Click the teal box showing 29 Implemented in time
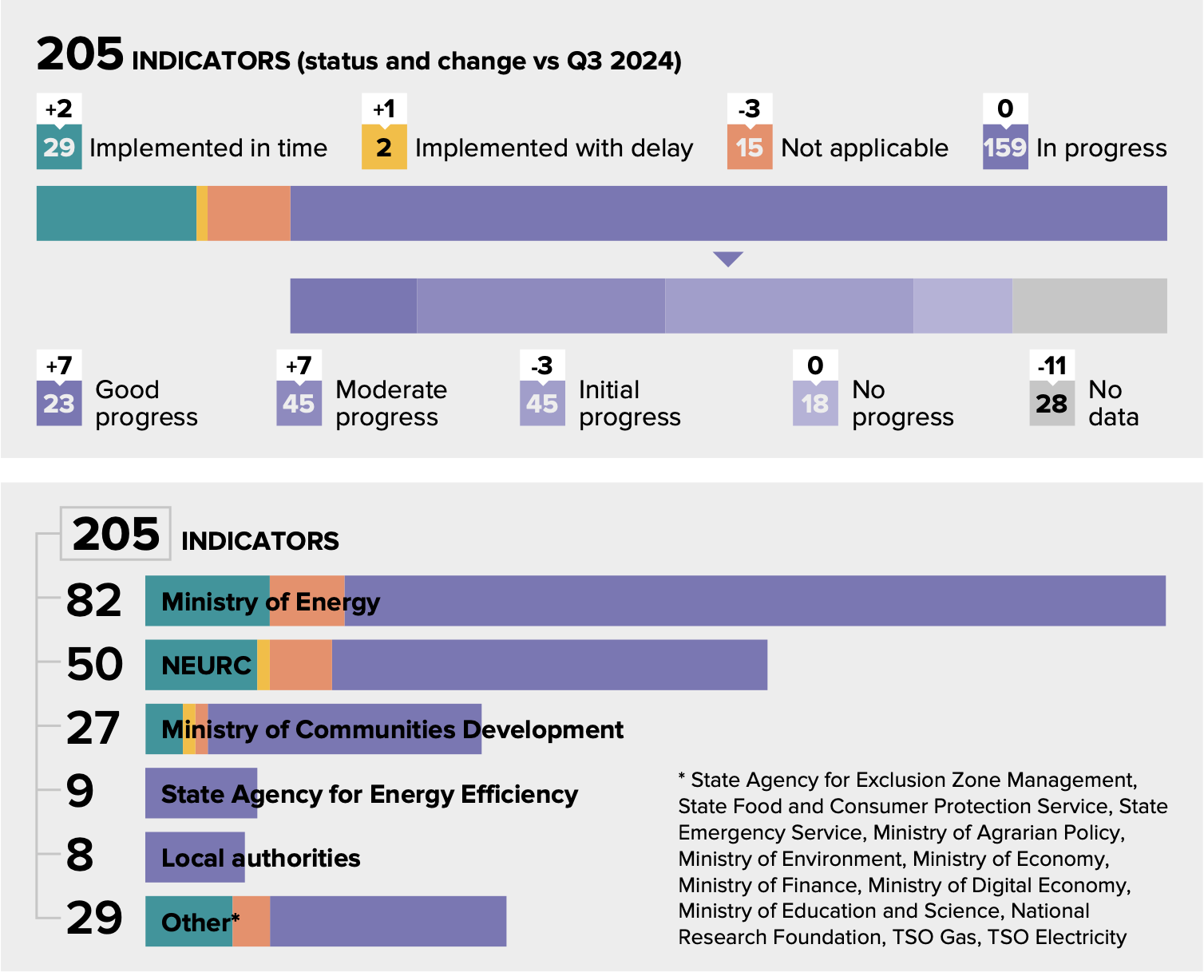pyautogui.click(x=59, y=147)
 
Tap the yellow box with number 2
pyautogui.click(x=384, y=147)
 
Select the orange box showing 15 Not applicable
pyautogui.click(x=750, y=147)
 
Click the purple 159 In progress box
pyautogui.click(x=1005, y=147)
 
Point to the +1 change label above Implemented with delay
pyautogui.click(x=384, y=109)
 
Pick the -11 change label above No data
pyautogui.click(x=1052, y=365)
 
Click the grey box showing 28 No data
pyautogui.click(x=1052, y=404)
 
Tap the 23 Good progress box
pyautogui.click(x=59, y=404)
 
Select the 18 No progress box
pyautogui.click(x=815, y=404)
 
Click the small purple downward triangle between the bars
pyautogui.click(x=728, y=259)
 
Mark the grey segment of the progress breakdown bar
pyautogui.click(x=1089, y=306)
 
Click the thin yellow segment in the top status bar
pyautogui.click(x=202, y=213)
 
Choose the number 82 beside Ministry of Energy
pyautogui.click(x=93, y=600)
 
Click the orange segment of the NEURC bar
pyautogui.click(x=300, y=665)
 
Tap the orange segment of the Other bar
pyautogui.click(x=251, y=922)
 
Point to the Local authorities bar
pyautogui.click(x=195, y=857)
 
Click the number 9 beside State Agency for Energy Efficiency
pyautogui.click(x=80, y=792)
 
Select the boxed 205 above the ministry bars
pyautogui.click(x=116, y=534)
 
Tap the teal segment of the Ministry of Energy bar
pyautogui.click(x=207, y=601)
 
